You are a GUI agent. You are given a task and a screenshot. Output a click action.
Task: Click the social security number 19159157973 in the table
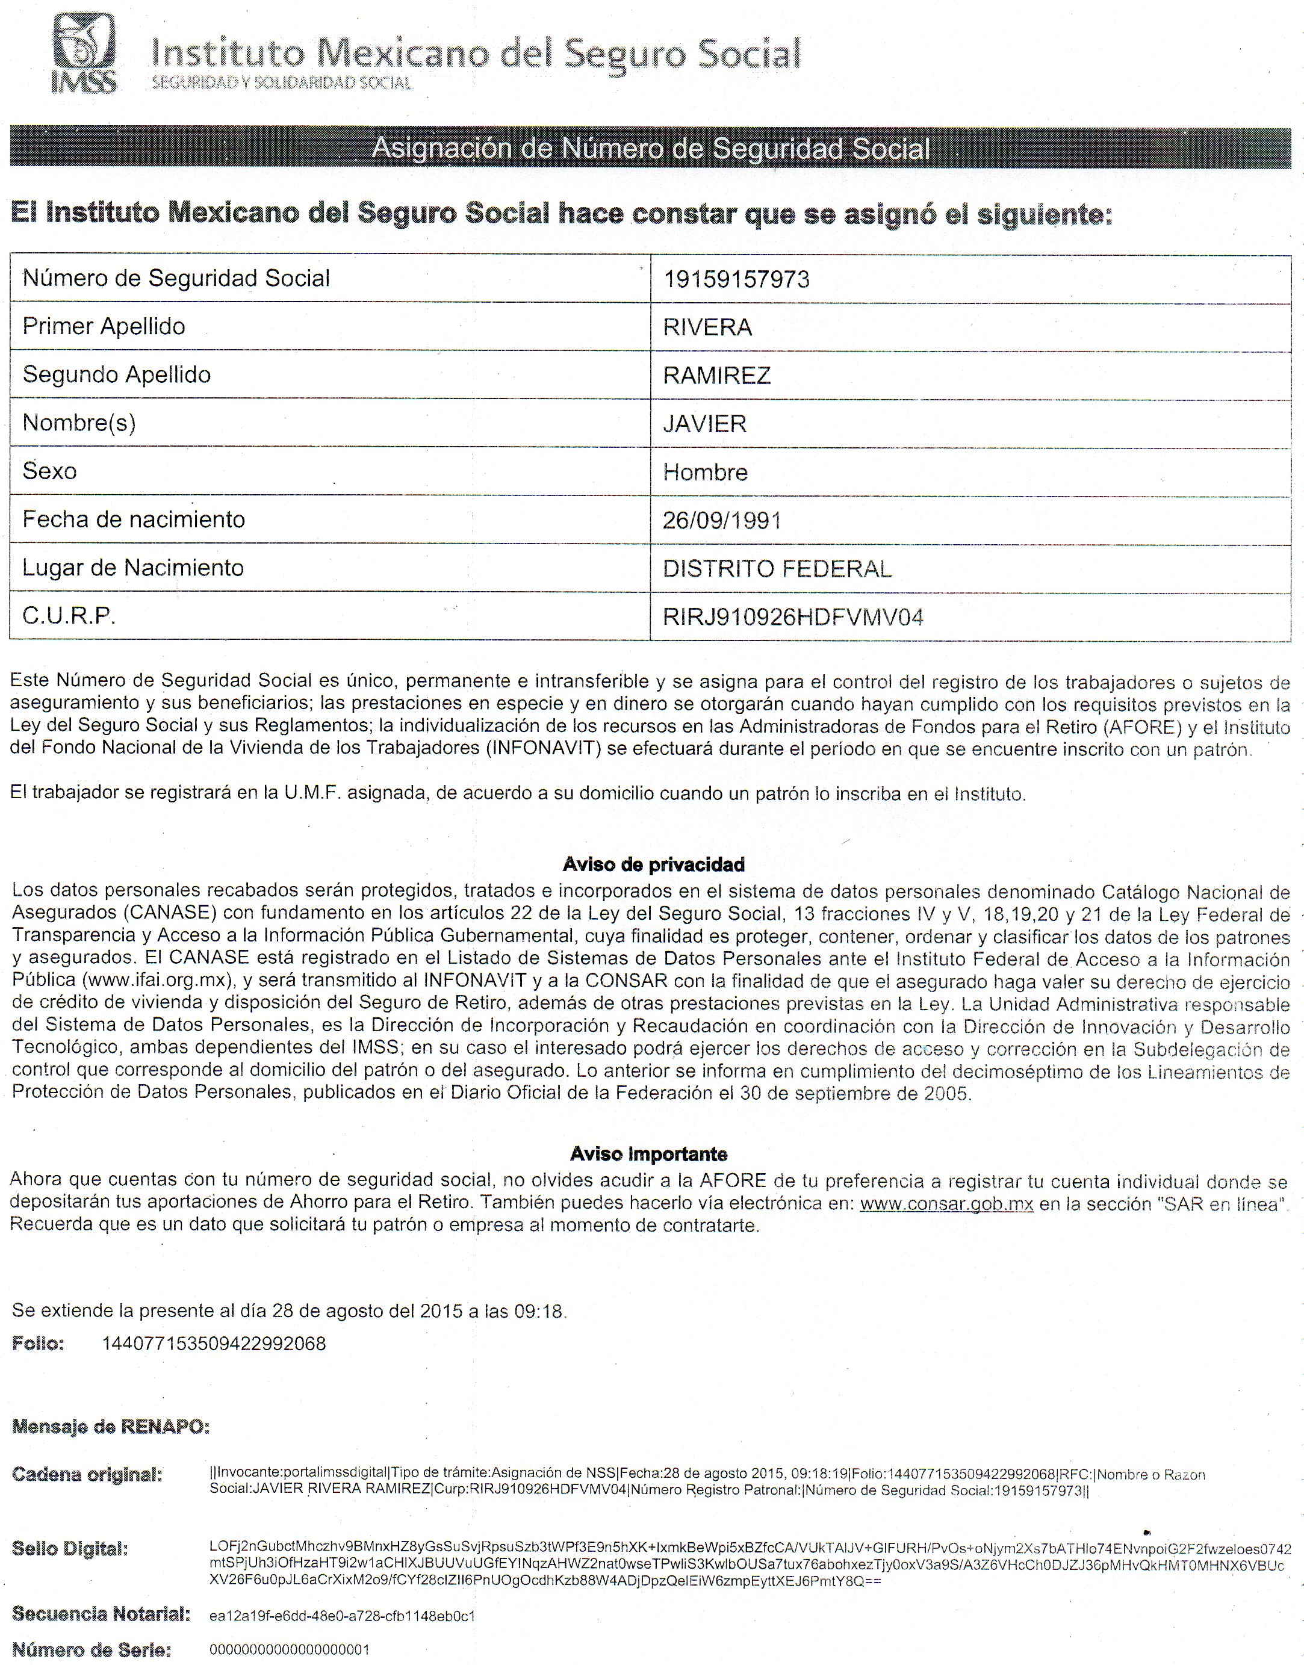pyautogui.click(x=736, y=279)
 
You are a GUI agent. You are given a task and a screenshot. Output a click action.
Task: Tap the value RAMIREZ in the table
pyautogui.click(x=717, y=376)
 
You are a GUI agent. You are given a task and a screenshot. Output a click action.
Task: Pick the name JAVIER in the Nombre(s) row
pyautogui.click(x=705, y=424)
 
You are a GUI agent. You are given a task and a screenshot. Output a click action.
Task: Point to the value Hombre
pyautogui.click(x=705, y=473)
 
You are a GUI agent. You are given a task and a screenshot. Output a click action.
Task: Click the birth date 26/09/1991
pyautogui.click(x=721, y=521)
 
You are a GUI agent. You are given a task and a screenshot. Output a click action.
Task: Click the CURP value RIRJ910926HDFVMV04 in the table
pyautogui.click(x=792, y=617)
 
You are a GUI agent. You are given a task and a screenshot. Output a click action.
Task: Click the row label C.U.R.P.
pyautogui.click(x=69, y=615)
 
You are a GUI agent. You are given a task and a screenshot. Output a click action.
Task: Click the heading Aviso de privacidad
pyautogui.click(x=653, y=864)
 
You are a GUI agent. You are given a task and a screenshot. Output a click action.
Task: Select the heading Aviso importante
pyautogui.click(x=648, y=1153)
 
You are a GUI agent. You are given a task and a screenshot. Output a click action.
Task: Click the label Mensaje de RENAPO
pyautogui.click(x=111, y=1427)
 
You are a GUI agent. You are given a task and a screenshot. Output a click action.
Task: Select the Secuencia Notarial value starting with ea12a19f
pyautogui.click(x=342, y=1616)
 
